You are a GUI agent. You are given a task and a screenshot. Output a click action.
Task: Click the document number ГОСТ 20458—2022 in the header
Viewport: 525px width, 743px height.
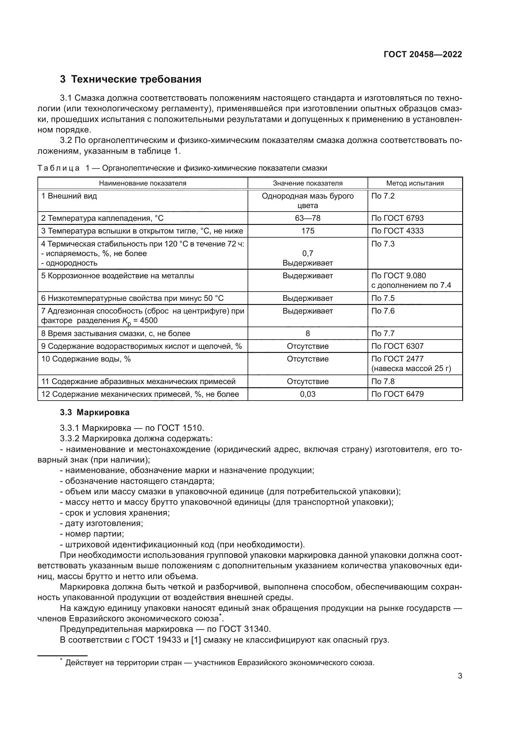pyautogui.click(x=422, y=54)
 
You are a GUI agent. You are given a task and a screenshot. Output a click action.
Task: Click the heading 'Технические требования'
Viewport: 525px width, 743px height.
pyautogui.click(x=136, y=79)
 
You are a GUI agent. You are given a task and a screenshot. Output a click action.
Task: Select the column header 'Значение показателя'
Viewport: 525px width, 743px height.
pyautogui.click(x=308, y=183)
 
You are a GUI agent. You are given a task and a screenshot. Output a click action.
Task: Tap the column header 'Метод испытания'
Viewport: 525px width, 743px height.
pyautogui.click(x=415, y=183)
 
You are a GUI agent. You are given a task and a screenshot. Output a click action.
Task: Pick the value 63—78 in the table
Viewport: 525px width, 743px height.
pyautogui.click(x=308, y=218)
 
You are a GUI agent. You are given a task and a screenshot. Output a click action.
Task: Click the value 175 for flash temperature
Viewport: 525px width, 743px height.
pyautogui.click(x=308, y=231)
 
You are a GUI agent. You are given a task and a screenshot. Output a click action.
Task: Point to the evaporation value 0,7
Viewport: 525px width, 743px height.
pyautogui.click(x=308, y=253)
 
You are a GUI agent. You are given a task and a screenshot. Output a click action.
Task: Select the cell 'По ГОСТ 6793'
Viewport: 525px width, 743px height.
pyautogui.click(x=397, y=218)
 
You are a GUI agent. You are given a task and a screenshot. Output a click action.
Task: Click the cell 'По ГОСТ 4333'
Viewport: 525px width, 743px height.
pyautogui.click(x=397, y=231)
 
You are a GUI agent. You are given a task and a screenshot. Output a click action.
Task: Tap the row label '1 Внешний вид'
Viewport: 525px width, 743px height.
pyautogui.click(x=69, y=196)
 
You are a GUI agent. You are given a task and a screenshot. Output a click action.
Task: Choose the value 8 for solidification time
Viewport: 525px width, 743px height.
pyautogui.click(x=308, y=333)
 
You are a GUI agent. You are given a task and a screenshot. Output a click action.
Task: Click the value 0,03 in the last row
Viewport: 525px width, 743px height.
pyautogui.click(x=308, y=394)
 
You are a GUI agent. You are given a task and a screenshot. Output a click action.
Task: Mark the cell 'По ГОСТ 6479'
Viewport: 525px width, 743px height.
pyautogui.click(x=397, y=394)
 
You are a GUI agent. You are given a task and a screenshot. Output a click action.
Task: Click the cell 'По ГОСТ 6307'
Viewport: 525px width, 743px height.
pyautogui.click(x=397, y=346)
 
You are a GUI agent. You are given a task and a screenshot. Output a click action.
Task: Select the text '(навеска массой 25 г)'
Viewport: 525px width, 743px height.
pyautogui.click(x=411, y=368)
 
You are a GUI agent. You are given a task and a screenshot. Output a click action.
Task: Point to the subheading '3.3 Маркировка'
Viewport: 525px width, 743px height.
pyautogui.click(x=95, y=413)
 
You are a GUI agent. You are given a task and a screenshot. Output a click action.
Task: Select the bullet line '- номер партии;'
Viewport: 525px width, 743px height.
pyautogui.click(x=92, y=534)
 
